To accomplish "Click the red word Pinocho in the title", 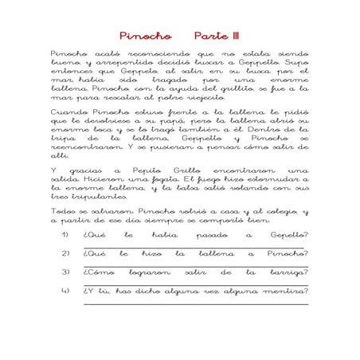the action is coord(140,37).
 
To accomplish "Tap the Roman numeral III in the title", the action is coord(234,37).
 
